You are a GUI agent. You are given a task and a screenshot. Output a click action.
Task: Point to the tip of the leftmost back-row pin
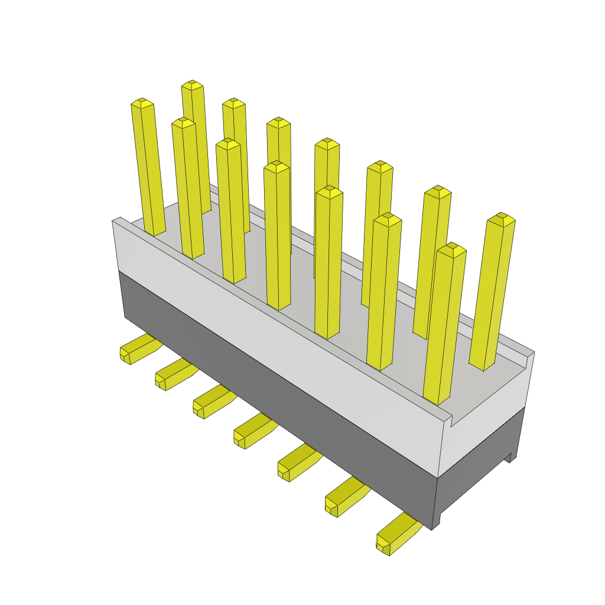pos(193,86)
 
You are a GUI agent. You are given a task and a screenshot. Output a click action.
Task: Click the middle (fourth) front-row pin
pos(277,236)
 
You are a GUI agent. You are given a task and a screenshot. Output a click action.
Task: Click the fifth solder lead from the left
pos(295,464)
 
